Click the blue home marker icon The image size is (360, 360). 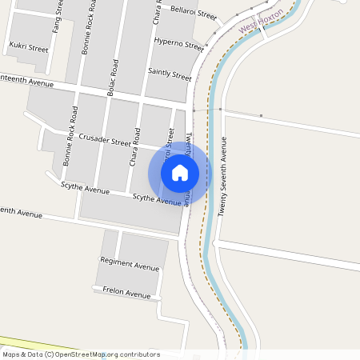(x=180, y=172)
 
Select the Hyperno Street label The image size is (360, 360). (x=178, y=43)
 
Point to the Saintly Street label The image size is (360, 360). (x=170, y=74)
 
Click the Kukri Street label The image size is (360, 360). (x=27, y=48)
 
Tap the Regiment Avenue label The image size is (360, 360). (x=130, y=263)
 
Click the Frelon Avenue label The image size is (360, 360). (x=126, y=293)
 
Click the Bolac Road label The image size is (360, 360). (x=113, y=78)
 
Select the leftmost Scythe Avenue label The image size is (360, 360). (x=85, y=189)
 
